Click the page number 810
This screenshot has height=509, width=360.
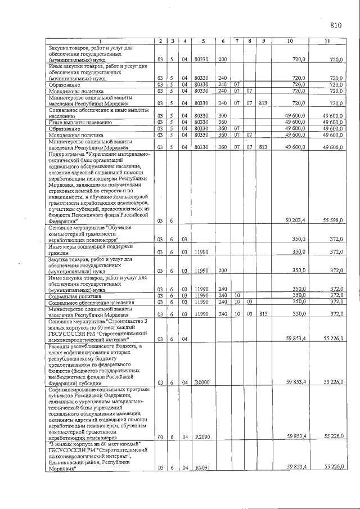click(336, 24)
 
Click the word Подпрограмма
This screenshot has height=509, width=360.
click(68, 154)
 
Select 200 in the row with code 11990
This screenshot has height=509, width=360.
click(222, 271)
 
